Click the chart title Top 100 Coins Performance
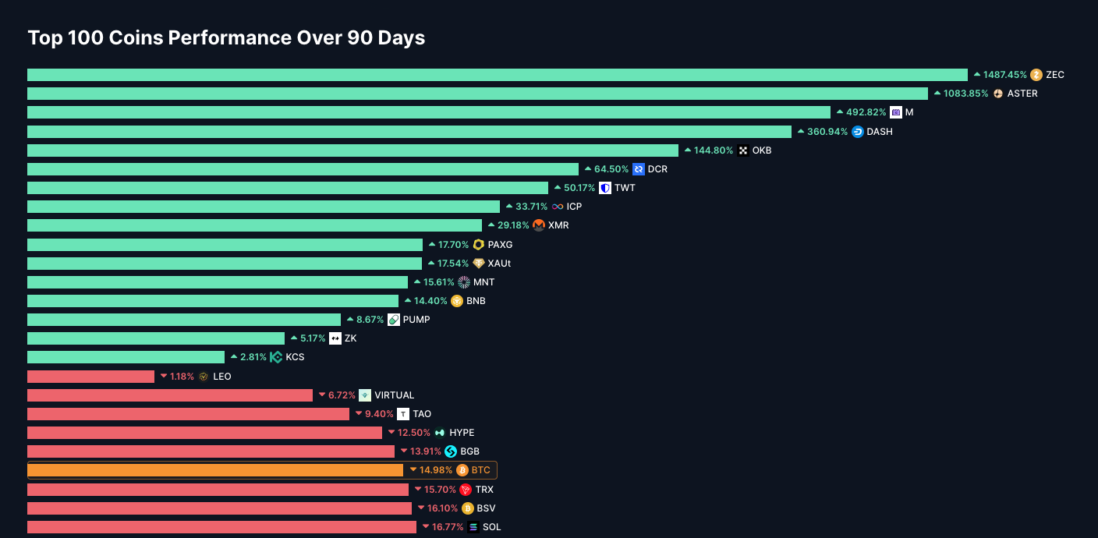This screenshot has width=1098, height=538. coord(226,38)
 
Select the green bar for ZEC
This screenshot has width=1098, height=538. coord(497,75)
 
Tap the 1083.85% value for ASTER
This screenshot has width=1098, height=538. coord(965,94)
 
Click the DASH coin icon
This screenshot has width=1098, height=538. coord(858,132)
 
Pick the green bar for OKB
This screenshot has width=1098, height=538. coord(352,150)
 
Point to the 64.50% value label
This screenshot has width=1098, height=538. coord(611,169)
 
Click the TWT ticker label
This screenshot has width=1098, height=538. coord(625,188)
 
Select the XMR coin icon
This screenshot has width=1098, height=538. coord(539,225)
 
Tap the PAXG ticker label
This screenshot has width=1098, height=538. coord(500,245)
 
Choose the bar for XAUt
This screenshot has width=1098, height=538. coord(225,264)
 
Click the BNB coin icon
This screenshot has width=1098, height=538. coord(457,301)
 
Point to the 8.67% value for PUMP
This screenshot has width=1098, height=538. coord(370,320)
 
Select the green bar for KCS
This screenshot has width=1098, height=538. coord(126,357)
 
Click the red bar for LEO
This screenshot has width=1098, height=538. coord(90,377)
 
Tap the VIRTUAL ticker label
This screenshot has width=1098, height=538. coord(394,395)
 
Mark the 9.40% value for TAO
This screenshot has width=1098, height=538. coord(379,414)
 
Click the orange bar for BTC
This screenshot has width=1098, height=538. coord(215,470)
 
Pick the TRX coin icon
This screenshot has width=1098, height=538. coord(466,490)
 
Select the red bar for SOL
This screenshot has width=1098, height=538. coord(221,527)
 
